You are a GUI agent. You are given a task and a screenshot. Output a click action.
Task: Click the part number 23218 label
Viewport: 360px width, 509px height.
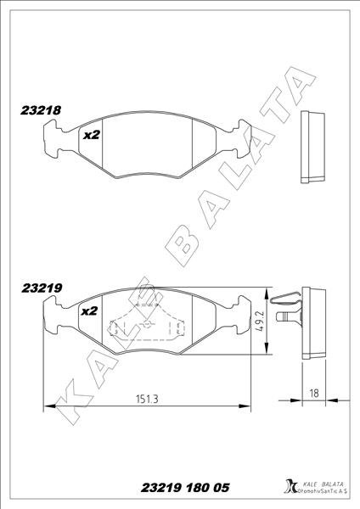pyautogui.click(x=39, y=109)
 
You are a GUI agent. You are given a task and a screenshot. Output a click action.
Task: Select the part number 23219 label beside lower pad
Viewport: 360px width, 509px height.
pyautogui.click(x=39, y=288)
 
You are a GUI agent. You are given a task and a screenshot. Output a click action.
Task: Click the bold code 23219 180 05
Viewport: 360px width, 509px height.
pyautogui.click(x=185, y=489)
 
